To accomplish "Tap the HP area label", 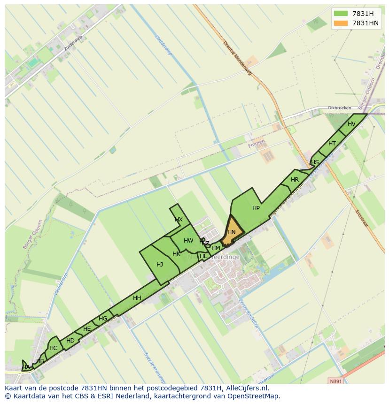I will (256, 208).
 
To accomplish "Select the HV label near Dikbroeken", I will (351, 124).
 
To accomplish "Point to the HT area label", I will (332, 144).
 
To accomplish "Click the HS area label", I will (315, 162).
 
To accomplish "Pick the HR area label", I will (295, 180).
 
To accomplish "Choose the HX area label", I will (179, 220).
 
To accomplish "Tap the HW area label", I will (188, 241).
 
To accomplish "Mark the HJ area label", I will (160, 265).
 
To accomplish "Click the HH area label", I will (137, 298).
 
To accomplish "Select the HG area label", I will (103, 319).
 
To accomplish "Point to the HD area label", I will (70, 341).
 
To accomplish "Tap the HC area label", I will (53, 348).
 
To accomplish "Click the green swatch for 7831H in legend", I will (341, 13).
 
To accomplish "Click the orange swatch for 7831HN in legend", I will (341, 23).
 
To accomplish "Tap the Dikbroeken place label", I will (339, 108).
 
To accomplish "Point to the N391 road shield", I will (336, 381).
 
